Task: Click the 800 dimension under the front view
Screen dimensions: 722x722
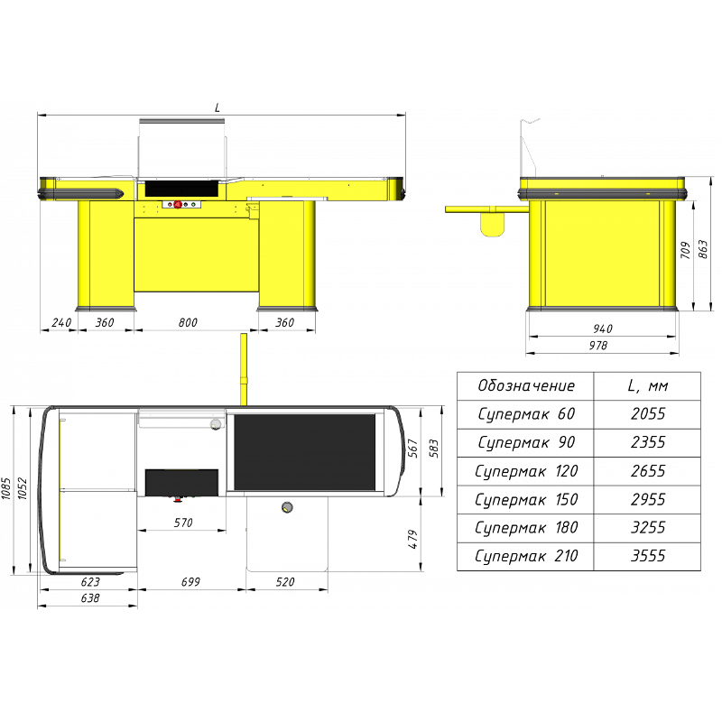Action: coord(188,322)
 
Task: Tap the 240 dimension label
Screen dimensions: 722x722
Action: coord(61,322)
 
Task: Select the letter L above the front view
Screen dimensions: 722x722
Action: coord(218,107)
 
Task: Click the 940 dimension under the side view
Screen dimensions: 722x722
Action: coord(603,329)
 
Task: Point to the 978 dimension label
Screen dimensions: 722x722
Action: coord(598,346)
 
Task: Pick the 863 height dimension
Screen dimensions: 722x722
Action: coord(703,249)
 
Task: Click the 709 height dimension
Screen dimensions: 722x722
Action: coord(685,250)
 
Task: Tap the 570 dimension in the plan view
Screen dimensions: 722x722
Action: coord(183,523)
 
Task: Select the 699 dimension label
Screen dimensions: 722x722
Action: coord(190,582)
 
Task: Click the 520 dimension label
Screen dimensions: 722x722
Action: coord(285,582)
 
